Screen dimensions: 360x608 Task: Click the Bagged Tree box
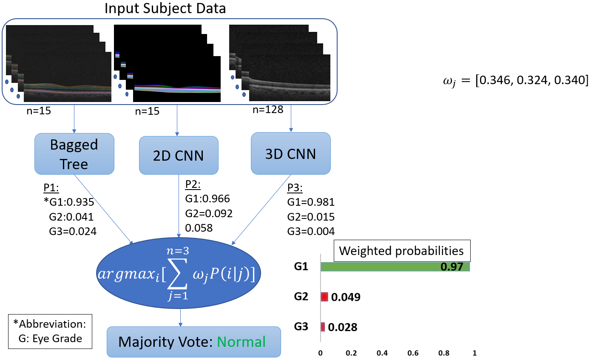tap(74, 154)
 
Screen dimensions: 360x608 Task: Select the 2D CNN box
tap(179, 156)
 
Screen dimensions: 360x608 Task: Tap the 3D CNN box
tap(290, 153)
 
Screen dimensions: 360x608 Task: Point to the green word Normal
tap(241, 342)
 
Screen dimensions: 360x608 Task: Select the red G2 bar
tap(324, 297)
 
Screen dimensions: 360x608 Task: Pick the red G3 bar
tap(323, 327)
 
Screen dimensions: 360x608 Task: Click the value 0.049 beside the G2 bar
tap(346, 297)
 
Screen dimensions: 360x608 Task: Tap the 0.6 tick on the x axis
tap(413, 353)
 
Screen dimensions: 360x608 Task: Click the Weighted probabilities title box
tap(401, 251)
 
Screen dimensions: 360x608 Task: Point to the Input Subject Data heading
tap(165, 9)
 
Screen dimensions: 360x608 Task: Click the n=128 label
tap(268, 110)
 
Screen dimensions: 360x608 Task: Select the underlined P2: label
tap(193, 184)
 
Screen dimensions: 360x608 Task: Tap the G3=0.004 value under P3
tap(311, 231)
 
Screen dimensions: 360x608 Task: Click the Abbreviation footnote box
tap(50, 332)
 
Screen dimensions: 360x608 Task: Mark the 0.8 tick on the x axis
tap(444, 353)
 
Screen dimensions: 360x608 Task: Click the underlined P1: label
tap(51, 187)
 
